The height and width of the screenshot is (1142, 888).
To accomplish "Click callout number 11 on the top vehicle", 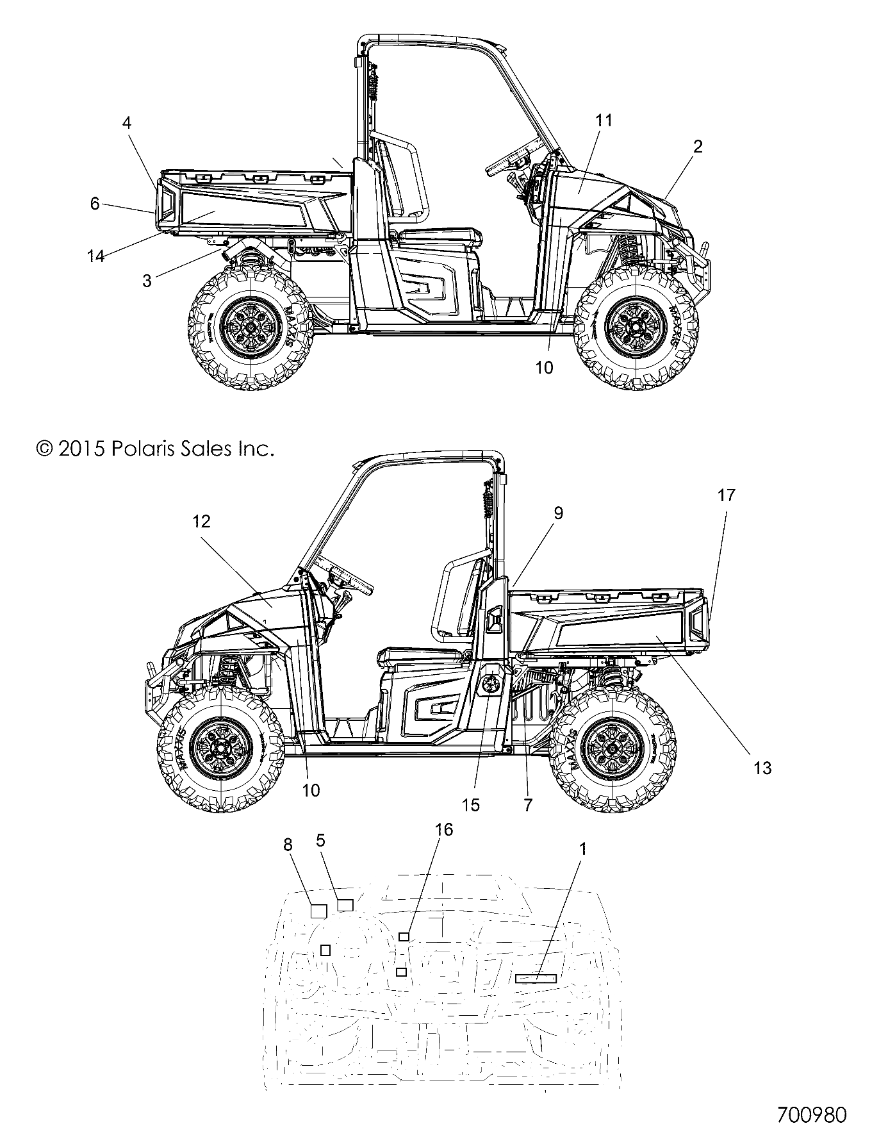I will point(604,120).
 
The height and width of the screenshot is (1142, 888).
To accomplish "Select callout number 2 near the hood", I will point(698,146).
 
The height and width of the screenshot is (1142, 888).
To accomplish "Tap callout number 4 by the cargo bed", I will point(127,123).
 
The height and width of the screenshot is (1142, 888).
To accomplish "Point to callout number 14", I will point(95,256).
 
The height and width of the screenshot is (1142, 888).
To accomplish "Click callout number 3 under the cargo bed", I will point(147,280).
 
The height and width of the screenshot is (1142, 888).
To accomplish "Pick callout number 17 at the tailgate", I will point(727,495).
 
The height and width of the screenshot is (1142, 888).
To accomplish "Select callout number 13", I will point(762,767).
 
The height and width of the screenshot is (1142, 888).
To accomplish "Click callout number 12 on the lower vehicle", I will point(201,521).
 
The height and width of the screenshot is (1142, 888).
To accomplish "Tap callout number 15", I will point(471,805).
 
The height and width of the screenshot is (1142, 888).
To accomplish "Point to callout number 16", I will point(443,829).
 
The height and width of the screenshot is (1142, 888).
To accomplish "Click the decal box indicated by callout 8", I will point(318,911).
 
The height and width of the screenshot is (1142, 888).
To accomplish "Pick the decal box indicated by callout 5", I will point(345,905).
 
